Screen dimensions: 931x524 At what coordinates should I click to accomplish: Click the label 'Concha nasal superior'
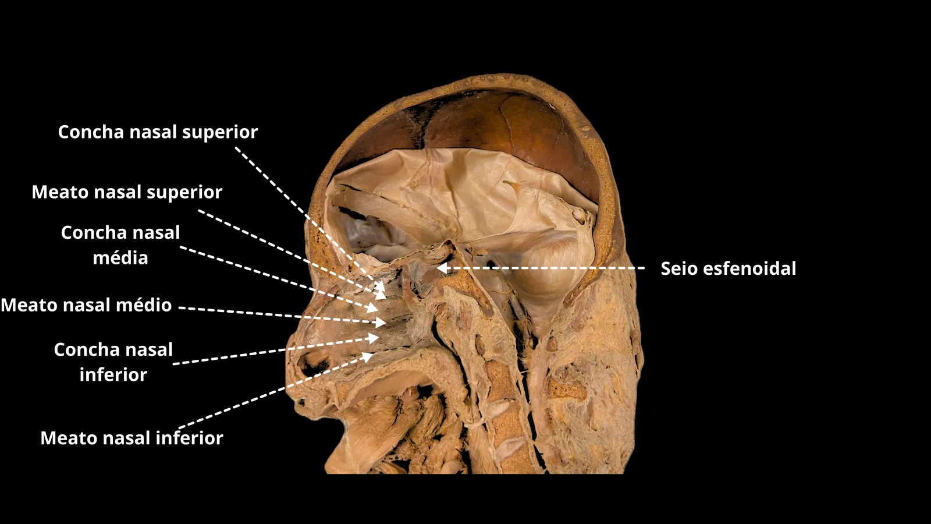(158, 132)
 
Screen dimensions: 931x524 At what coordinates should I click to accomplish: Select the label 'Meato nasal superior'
(127, 192)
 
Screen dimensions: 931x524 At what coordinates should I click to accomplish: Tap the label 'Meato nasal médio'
(87, 305)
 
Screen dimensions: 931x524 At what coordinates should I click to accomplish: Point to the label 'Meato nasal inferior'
(132, 438)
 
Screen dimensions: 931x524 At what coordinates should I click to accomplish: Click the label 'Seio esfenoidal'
(729, 268)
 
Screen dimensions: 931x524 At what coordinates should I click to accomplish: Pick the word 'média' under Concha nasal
(120, 258)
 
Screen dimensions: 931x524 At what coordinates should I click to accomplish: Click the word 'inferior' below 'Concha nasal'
(113, 375)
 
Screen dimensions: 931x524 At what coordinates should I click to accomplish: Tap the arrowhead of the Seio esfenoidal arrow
(443, 268)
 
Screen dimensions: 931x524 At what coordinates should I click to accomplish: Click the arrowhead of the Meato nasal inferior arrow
(367, 357)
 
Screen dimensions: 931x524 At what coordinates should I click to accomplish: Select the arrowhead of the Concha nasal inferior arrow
(373, 338)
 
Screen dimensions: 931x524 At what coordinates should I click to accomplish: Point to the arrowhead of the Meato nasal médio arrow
(380, 323)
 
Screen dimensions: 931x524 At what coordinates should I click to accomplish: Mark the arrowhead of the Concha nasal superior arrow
(381, 286)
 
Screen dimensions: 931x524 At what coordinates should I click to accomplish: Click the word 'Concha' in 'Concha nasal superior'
(91, 132)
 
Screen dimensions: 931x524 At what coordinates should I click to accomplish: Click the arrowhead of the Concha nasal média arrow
(372, 308)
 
